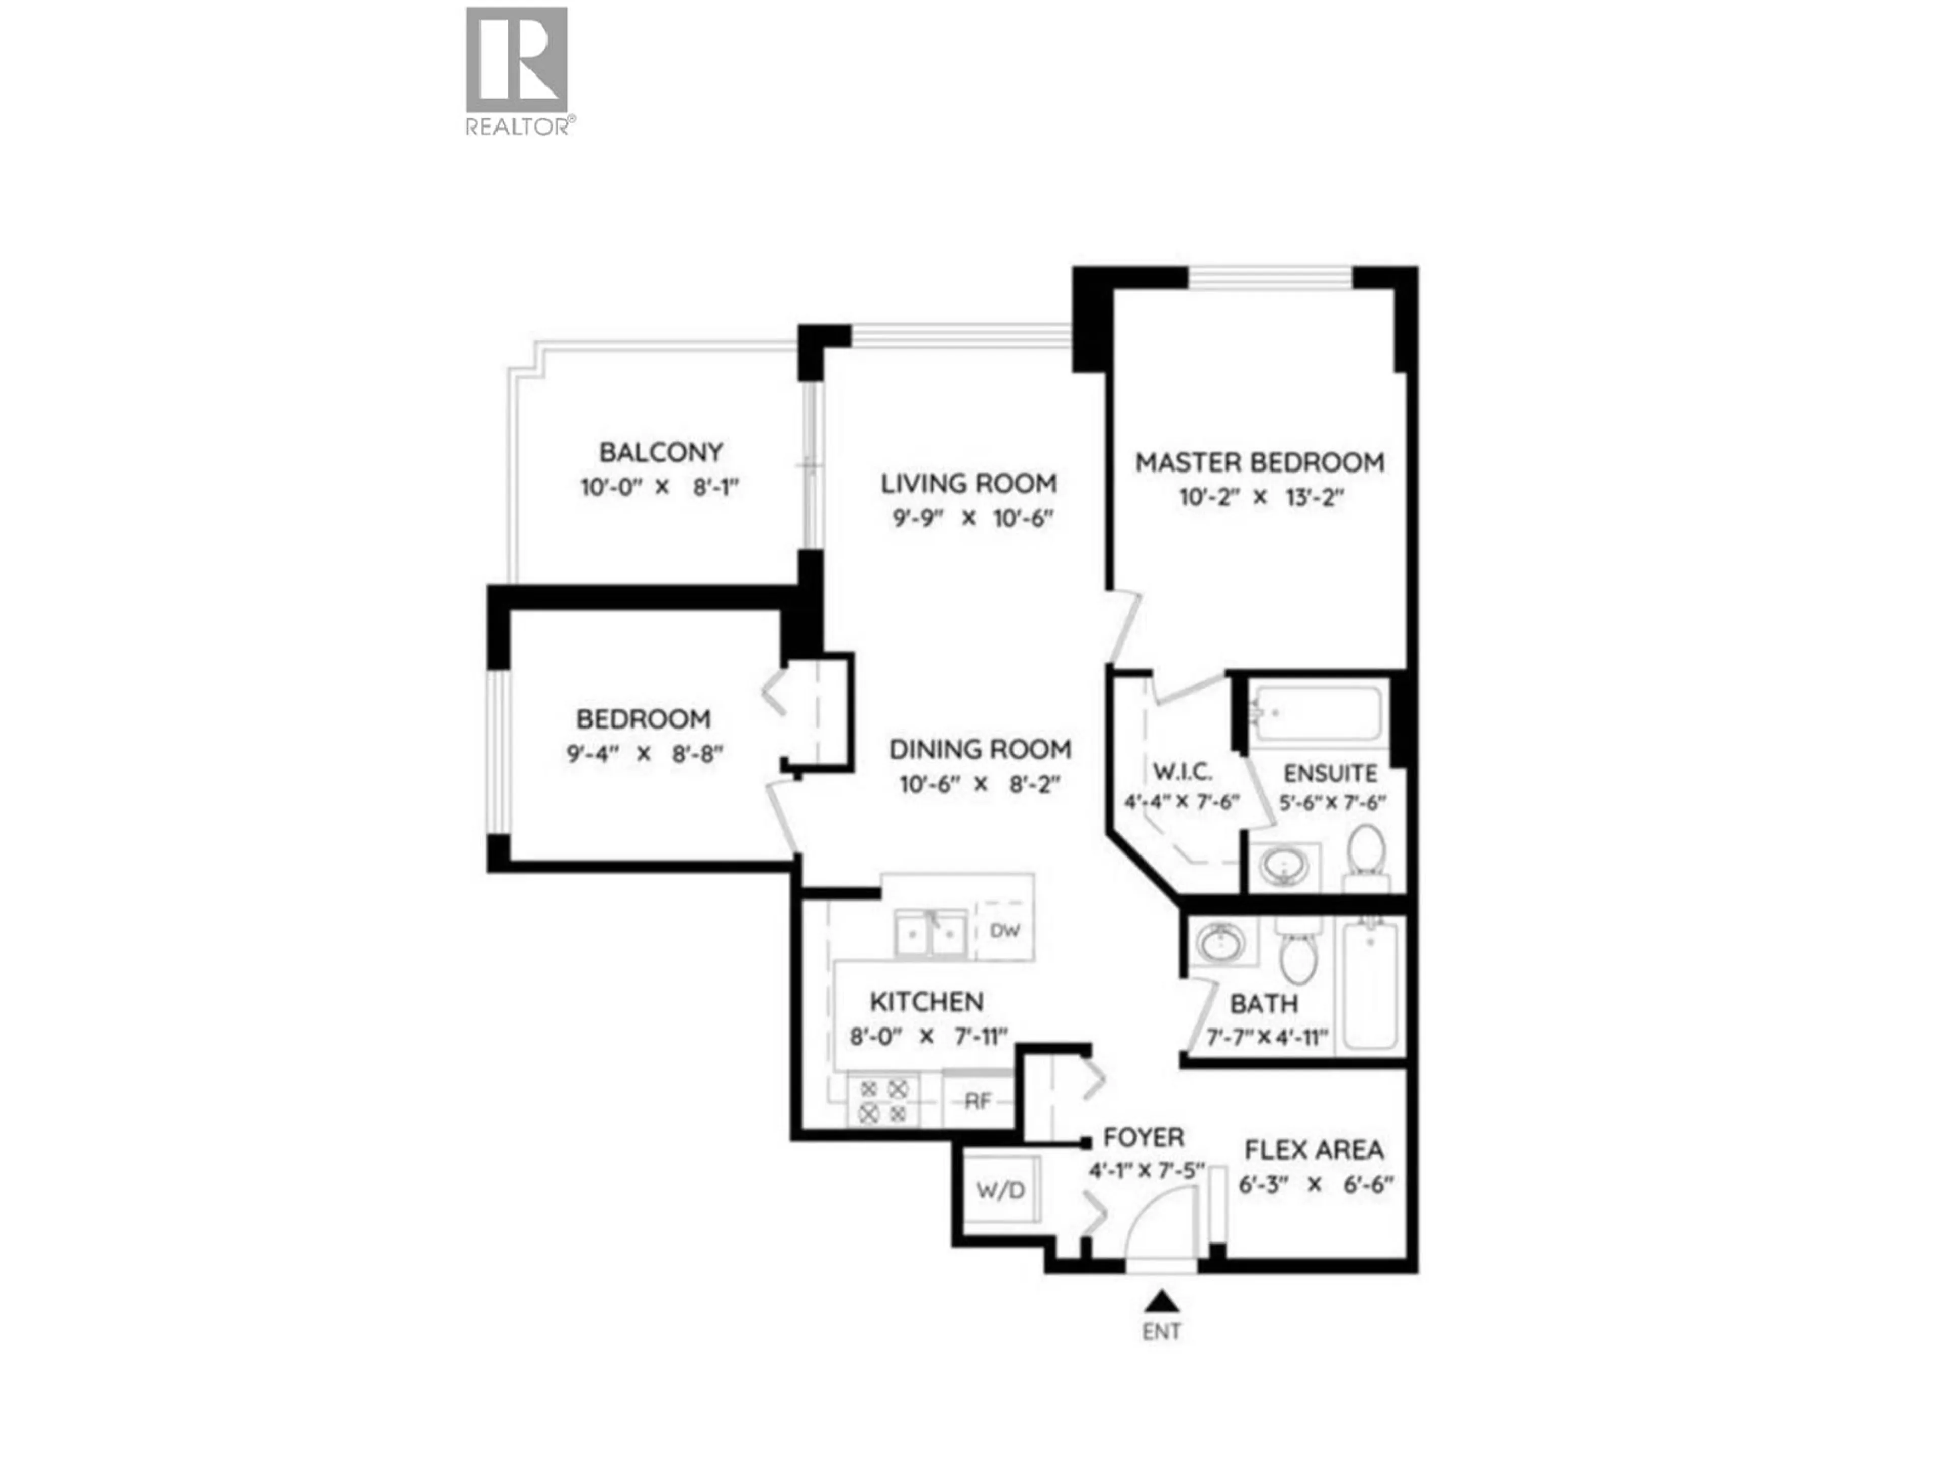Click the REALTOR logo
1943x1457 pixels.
click(517, 70)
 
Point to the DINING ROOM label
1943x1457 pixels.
click(980, 749)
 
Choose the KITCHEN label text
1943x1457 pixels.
click(926, 1001)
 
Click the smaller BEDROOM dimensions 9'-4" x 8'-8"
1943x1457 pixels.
click(644, 753)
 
